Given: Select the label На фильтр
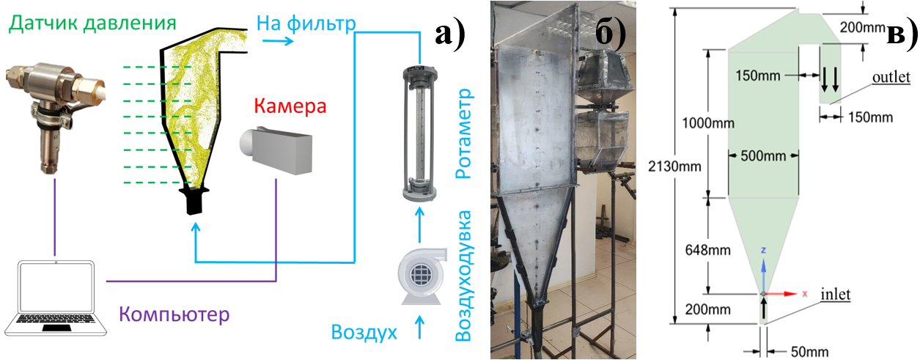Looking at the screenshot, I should [306, 23].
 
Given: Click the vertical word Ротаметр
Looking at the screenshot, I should [463, 136].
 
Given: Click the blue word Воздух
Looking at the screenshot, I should [364, 333].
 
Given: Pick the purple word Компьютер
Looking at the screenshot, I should [174, 315].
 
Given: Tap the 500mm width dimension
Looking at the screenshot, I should [763, 155].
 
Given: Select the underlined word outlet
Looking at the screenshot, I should [891, 77].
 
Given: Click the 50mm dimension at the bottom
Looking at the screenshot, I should [796, 351].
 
